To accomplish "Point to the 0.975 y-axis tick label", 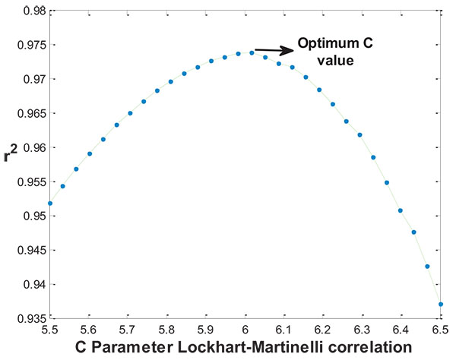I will point(28,45).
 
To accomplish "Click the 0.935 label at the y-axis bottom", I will point(28,318).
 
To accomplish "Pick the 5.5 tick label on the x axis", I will point(49,330).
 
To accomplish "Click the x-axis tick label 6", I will point(245,330).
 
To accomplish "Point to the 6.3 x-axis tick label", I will point(362,330).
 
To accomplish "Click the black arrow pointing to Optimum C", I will point(274,51).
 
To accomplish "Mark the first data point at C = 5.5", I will point(50,204).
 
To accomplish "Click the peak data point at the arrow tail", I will point(252,52).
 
